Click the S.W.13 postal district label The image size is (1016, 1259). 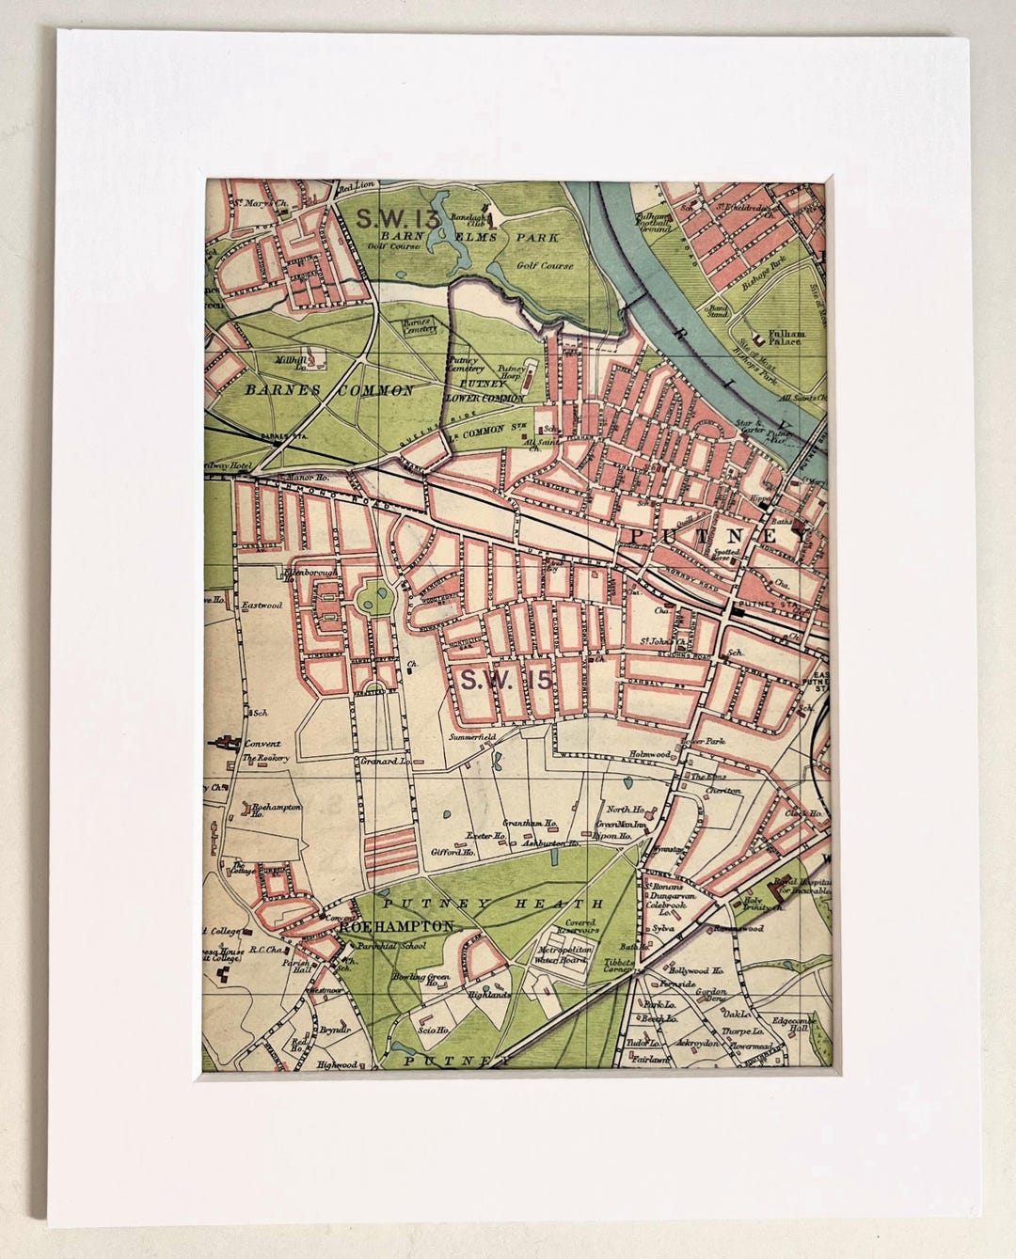(x=398, y=219)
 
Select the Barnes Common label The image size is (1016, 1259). (x=328, y=389)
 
